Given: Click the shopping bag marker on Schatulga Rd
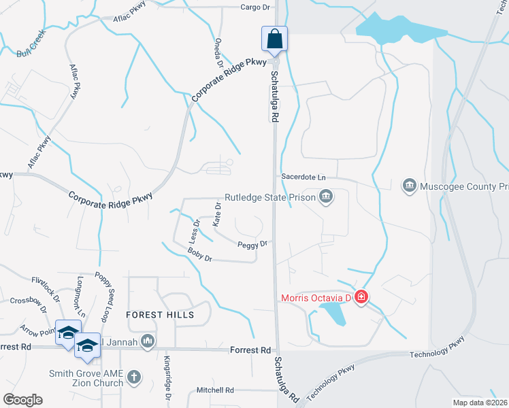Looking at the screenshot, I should pyautogui.click(x=274, y=39).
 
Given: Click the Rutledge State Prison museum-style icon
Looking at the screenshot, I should pyautogui.click(x=326, y=197).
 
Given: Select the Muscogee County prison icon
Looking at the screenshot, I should pyautogui.click(x=409, y=186).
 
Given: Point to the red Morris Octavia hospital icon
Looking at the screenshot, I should pyautogui.click(x=361, y=297).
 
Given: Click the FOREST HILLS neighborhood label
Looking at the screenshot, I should pyautogui.click(x=160, y=315).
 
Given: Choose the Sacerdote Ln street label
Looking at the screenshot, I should pyautogui.click(x=303, y=176).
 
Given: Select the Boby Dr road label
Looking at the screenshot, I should pyautogui.click(x=200, y=255).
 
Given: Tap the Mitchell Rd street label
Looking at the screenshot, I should pyautogui.click(x=215, y=390).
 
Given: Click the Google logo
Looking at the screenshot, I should pyautogui.click(x=22, y=400).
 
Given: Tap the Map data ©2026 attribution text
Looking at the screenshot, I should pyautogui.click(x=479, y=403).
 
